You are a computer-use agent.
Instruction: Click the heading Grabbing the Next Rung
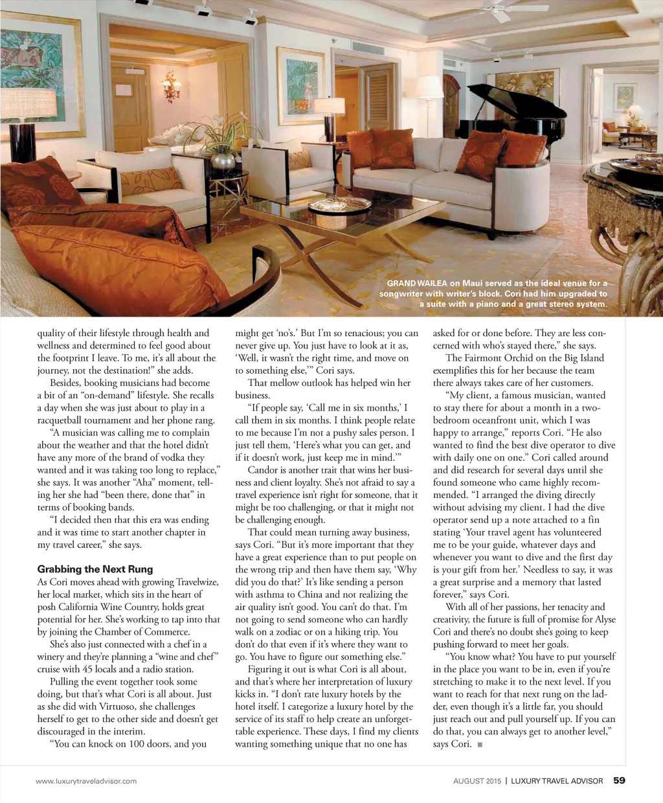[95, 569]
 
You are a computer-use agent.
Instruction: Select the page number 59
[619, 780]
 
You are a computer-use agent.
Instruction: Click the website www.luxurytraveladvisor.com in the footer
[86, 781]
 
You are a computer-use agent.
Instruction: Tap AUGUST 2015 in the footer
[477, 781]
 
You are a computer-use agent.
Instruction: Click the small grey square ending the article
[480, 745]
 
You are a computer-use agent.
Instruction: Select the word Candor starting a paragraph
[263, 470]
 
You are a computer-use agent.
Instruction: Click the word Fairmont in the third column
[487, 358]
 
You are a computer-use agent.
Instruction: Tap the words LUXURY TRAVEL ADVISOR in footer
[557, 781]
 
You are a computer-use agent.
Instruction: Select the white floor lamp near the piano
[428, 97]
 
